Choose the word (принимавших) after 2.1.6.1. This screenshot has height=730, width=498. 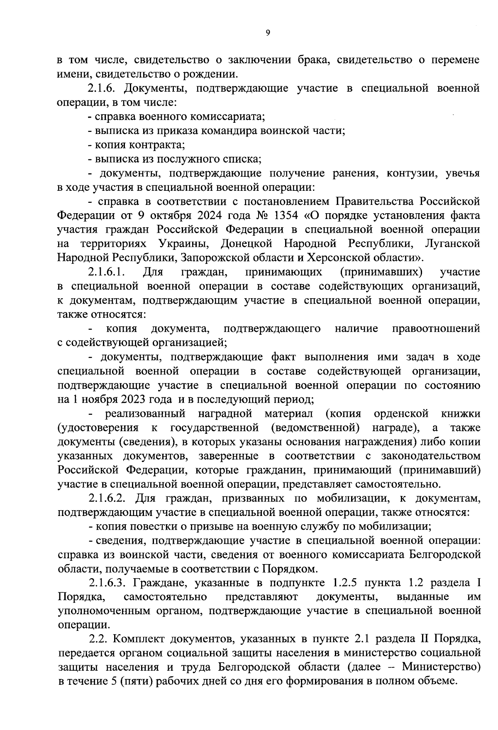tap(381, 272)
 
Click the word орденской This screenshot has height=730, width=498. tap(401, 414)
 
